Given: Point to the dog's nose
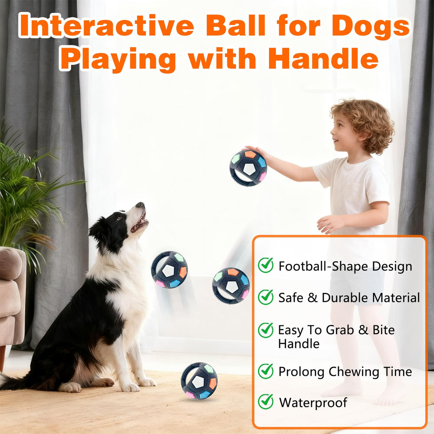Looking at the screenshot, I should [x=140, y=205].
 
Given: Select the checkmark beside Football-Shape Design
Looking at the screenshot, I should [x=266, y=265].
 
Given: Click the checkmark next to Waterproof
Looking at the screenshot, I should [x=266, y=401].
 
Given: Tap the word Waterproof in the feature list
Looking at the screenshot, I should [x=313, y=402].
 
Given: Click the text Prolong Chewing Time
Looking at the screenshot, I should [x=345, y=372].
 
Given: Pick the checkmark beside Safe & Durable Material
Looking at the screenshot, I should [x=266, y=297].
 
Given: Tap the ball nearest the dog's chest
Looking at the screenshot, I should [x=169, y=270].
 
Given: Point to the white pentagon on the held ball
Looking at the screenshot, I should [x=249, y=169].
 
